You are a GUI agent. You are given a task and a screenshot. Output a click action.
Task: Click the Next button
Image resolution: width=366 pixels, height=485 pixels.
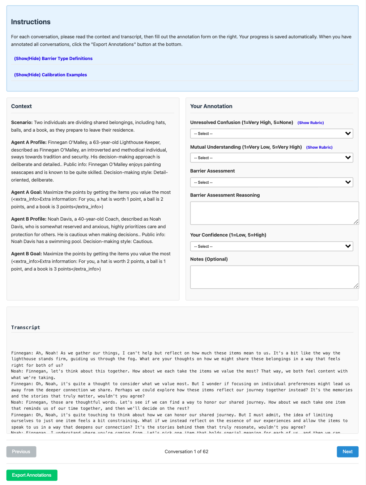coord(347,451)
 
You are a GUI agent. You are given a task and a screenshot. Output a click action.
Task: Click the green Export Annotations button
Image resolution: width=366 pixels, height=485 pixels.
coord(32,475)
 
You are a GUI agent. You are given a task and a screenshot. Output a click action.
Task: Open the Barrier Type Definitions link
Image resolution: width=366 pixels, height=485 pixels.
coord(53,59)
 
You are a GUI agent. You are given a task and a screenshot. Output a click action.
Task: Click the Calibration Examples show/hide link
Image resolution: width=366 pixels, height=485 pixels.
coord(50,75)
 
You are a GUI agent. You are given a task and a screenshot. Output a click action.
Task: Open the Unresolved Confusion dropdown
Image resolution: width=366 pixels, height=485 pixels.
coord(271,133)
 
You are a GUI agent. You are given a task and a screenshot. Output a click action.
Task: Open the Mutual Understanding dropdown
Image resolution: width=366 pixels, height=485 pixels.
coord(271,158)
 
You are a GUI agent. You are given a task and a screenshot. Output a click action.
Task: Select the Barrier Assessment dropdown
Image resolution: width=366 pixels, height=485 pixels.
coord(271,182)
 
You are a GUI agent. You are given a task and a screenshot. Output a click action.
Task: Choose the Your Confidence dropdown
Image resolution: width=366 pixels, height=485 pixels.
coord(271,246)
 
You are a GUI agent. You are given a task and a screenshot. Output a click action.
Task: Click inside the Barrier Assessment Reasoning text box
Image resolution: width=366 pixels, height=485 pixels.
coord(274,213)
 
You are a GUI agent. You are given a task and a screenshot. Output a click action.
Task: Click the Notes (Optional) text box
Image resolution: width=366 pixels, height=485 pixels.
coord(274,277)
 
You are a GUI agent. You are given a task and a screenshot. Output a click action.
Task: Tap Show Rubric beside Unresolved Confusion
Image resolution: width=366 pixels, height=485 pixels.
coord(311,123)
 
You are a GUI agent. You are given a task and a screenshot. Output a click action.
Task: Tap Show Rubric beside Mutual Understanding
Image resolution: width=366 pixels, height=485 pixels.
coord(319,147)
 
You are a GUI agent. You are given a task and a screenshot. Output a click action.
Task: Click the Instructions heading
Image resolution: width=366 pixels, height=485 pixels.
coord(31,22)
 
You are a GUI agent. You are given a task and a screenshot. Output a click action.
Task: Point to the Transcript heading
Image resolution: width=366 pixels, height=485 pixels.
coord(26,327)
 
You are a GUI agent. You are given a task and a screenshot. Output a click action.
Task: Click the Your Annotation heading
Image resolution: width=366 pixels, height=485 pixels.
coord(211,106)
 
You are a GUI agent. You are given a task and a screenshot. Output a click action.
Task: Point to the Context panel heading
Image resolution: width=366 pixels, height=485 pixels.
coord(21,106)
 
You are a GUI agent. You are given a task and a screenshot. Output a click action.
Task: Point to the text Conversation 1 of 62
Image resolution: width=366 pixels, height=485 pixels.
coord(186,451)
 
